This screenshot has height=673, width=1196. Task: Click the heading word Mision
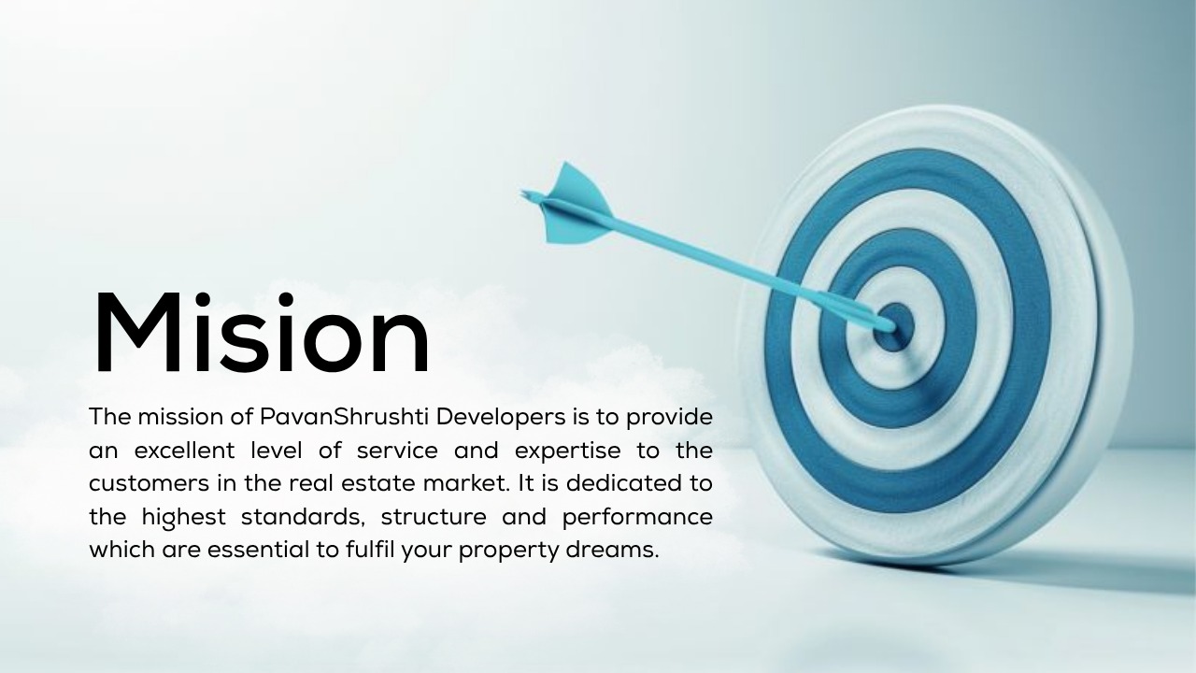point(262,332)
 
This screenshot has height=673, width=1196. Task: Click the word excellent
point(184,451)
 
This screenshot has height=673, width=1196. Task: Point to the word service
point(397,451)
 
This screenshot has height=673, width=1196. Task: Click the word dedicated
point(623,483)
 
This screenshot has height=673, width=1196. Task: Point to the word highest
point(184,518)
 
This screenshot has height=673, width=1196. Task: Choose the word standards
point(303,517)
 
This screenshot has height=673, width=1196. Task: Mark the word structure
point(433,518)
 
